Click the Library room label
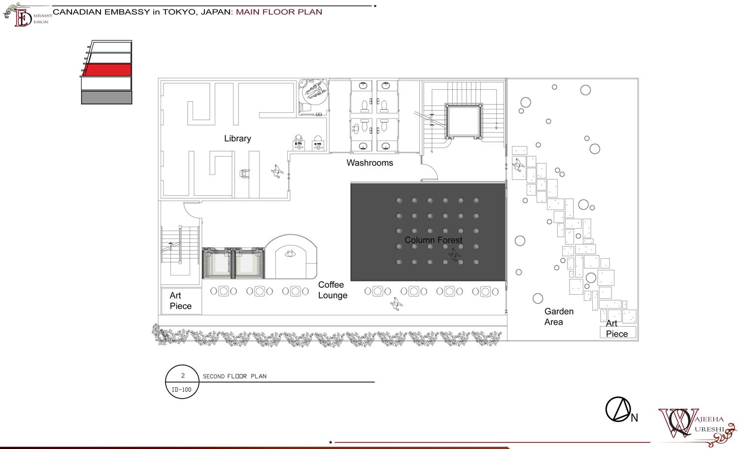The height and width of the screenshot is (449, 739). [237, 138]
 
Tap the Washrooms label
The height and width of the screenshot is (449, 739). [369, 163]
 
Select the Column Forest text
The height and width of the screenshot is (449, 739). [433, 240]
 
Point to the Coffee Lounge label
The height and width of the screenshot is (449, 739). [333, 290]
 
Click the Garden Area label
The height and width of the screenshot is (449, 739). [559, 316]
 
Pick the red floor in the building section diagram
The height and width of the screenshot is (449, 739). [106, 70]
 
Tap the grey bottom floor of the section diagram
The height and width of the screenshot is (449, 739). [106, 98]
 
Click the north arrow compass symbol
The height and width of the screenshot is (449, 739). [618, 410]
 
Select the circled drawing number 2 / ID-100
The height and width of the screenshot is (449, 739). [182, 381]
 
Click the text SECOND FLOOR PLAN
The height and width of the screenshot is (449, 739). [235, 377]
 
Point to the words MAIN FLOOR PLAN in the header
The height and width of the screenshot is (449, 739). [279, 12]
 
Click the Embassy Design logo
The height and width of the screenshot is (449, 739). [28, 15]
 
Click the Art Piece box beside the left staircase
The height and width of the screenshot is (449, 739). [181, 301]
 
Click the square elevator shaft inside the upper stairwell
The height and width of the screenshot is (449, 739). [464, 121]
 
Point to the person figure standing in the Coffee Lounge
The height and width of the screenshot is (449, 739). [396, 304]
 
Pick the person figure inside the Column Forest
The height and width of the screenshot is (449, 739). [455, 254]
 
